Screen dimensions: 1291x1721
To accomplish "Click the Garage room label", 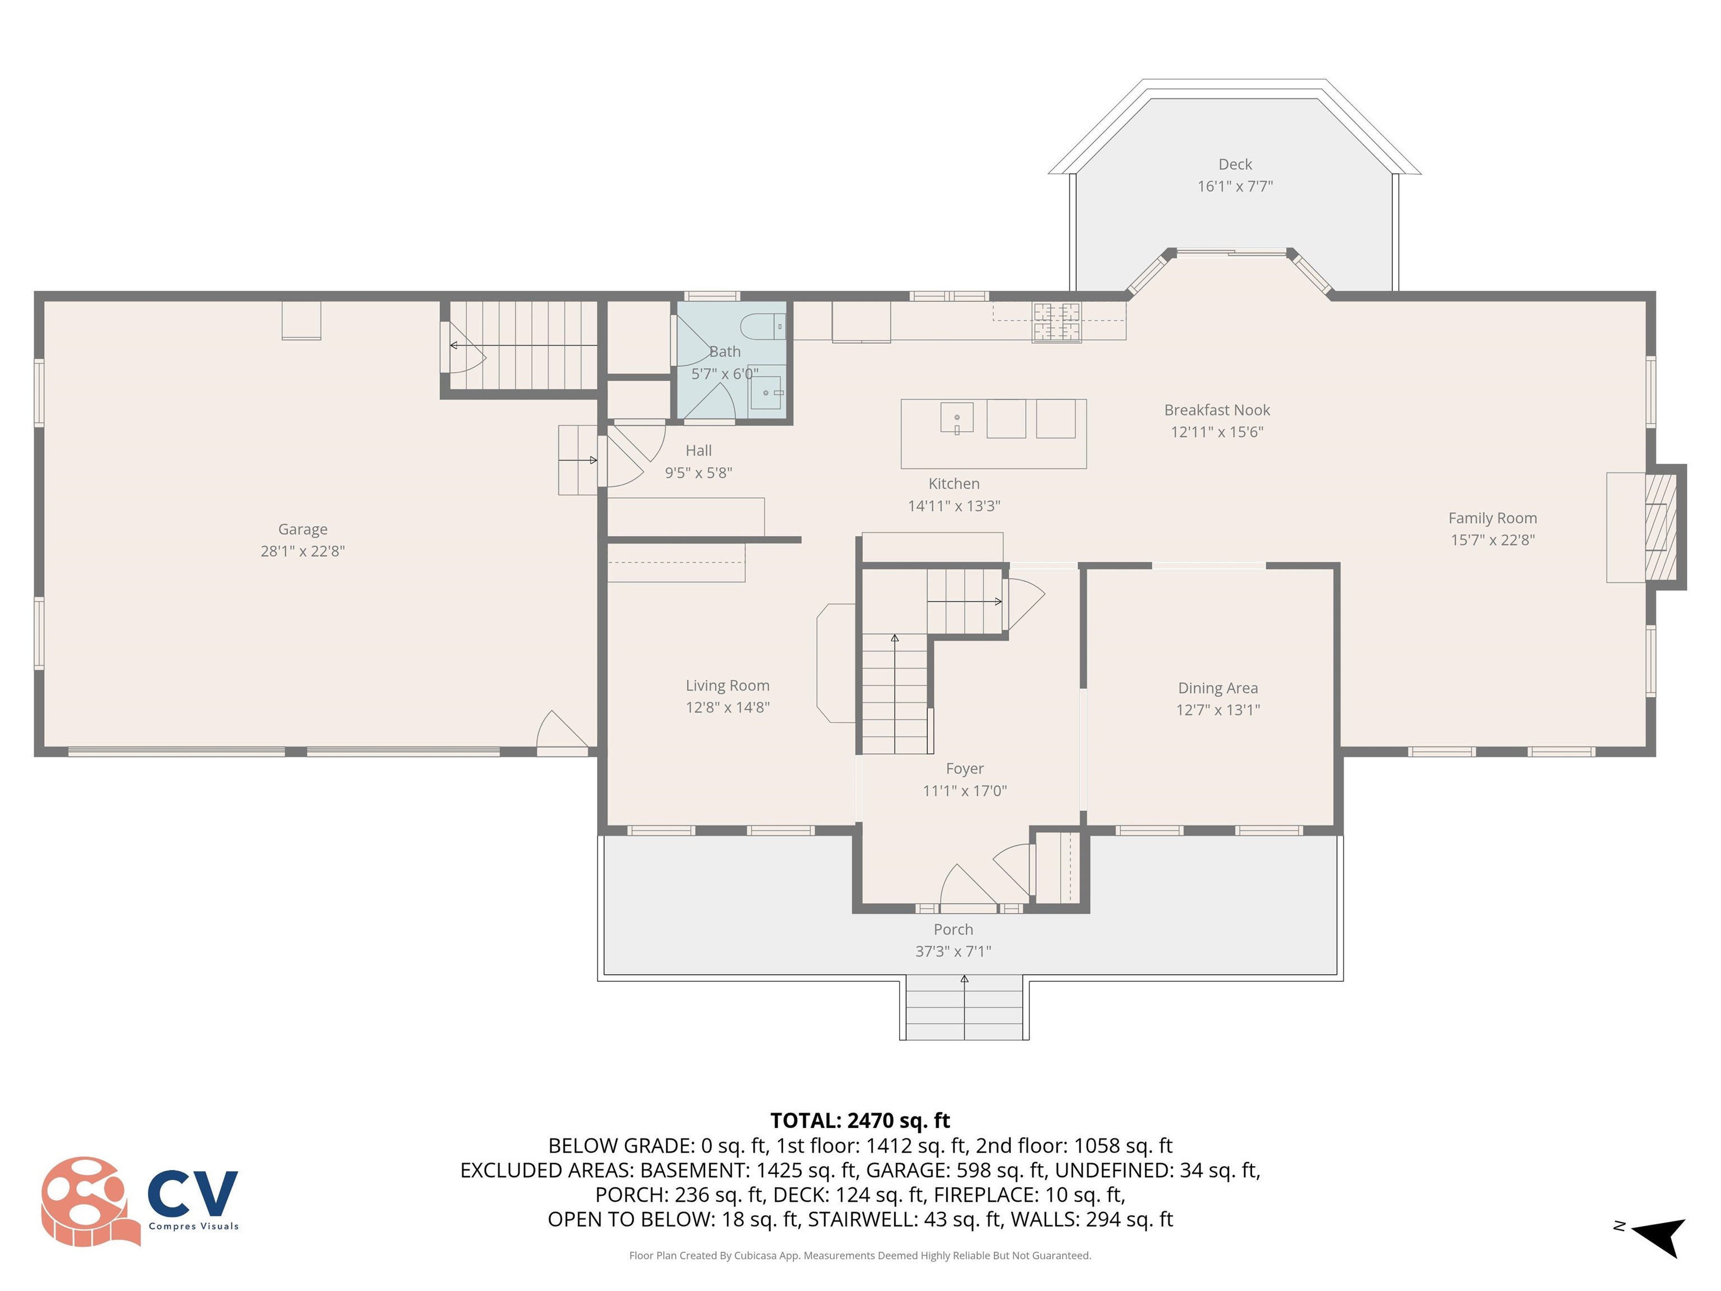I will tap(302, 529).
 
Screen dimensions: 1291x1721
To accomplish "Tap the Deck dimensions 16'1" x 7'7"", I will tap(1235, 186).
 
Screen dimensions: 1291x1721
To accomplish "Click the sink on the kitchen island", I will tap(956, 419).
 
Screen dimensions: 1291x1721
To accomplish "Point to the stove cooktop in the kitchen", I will tap(1056, 322).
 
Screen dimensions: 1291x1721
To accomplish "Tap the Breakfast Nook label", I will tap(1216, 410).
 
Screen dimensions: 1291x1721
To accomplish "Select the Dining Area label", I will tap(1217, 688).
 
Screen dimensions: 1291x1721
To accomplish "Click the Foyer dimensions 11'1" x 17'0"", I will tap(964, 791).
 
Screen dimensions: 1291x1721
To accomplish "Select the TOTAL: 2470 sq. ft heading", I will tap(860, 1121).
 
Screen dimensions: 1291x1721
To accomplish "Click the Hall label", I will tap(698, 451).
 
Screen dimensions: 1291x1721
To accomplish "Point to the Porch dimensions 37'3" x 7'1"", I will tap(952, 951).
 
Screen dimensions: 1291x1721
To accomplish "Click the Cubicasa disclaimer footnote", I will tap(860, 1255).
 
